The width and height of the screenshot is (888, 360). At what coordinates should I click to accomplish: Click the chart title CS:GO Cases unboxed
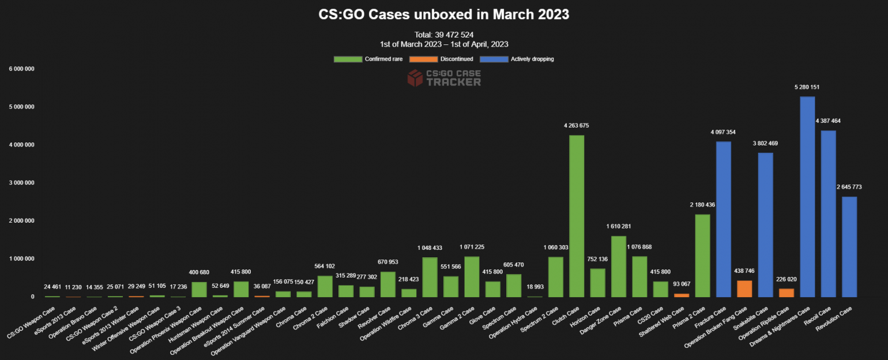pos(443,14)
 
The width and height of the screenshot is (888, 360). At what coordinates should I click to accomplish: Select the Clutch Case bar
pos(577,216)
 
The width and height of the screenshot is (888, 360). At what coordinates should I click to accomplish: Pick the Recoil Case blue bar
pos(828,213)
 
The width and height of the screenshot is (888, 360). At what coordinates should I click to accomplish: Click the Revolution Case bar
pos(849,247)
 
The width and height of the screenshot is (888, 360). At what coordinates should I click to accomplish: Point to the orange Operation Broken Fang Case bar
pos(744,288)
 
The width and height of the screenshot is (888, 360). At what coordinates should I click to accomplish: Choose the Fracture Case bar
pos(724,219)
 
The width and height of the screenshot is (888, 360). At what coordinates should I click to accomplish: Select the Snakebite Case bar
pos(765,225)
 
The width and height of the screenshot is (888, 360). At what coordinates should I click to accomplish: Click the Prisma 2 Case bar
pos(702,256)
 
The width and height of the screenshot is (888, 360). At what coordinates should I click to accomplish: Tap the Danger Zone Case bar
pos(619,267)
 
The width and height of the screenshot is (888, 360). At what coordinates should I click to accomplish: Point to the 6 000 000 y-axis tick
pos(22,69)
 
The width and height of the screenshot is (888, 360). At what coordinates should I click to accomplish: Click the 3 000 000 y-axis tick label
pos(22,183)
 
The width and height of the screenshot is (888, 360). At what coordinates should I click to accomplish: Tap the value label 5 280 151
pos(807,87)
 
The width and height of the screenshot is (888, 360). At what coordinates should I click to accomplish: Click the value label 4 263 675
pos(576,126)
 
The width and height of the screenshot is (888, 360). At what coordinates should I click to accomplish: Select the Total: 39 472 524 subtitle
pos(443,35)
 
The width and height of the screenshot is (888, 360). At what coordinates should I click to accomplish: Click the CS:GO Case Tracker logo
pos(443,78)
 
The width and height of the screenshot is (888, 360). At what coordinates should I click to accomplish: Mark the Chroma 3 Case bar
pos(430,277)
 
